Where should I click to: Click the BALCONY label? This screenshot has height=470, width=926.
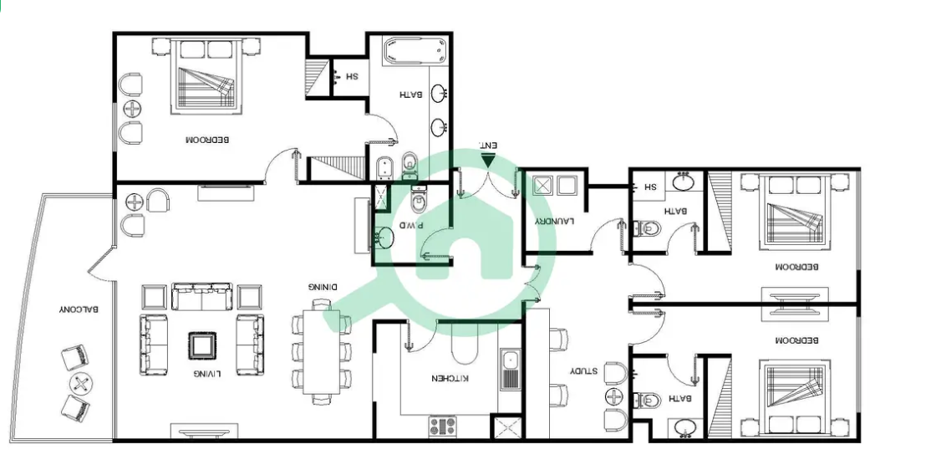coord(79,309)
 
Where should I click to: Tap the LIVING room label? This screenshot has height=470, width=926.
coord(207,374)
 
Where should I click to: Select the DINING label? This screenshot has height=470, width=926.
coord(323,287)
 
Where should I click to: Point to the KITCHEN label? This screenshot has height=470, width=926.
coord(450,378)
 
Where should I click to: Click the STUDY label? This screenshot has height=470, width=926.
coord(583,371)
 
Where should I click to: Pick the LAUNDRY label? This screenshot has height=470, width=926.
coord(555,222)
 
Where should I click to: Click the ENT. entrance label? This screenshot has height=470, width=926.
coord(488,146)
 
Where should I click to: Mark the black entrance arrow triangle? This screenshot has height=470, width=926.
coord(488,161)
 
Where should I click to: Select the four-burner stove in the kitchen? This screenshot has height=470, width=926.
coord(442,427)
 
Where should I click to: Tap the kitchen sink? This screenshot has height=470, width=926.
coord(510,369)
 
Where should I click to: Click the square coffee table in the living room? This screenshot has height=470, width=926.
coord(202,346)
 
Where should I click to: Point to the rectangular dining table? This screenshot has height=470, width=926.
coord(322,352)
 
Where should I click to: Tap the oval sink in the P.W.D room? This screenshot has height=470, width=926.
coord(385,237)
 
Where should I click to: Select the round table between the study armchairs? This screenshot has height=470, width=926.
coord(615,396)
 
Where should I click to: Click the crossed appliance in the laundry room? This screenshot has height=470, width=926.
coord(542,186)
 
